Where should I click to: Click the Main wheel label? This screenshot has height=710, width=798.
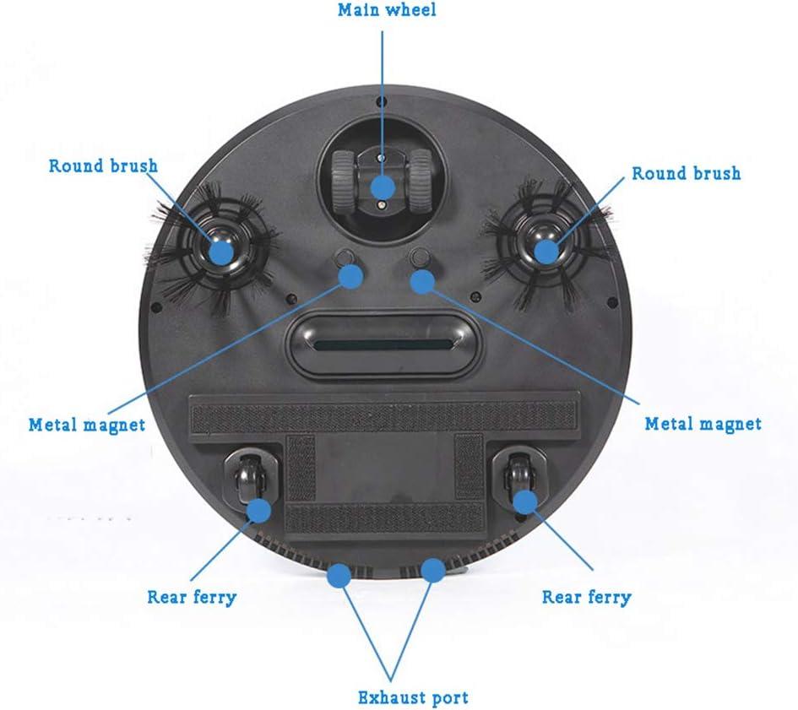[387, 11]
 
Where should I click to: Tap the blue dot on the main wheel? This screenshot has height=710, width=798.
[383, 187]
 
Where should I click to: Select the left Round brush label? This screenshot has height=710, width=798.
[103, 165]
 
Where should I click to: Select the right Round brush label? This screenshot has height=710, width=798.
[686, 173]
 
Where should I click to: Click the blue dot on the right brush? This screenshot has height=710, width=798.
[546, 251]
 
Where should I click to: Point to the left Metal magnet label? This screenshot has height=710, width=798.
[86, 424]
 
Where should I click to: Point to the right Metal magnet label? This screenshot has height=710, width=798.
[703, 423]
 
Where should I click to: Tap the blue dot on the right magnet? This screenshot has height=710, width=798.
[422, 280]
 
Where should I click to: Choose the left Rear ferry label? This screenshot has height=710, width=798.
[192, 597]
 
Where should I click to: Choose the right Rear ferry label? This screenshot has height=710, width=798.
[586, 597]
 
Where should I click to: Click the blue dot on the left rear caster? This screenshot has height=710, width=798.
[258, 510]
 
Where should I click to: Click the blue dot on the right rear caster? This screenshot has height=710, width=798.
[525, 501]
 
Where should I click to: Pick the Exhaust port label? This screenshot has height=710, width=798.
[413, 697]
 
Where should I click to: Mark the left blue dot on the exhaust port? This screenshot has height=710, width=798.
[339, 576]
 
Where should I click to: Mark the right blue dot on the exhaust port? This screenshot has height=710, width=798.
[433, 571]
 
